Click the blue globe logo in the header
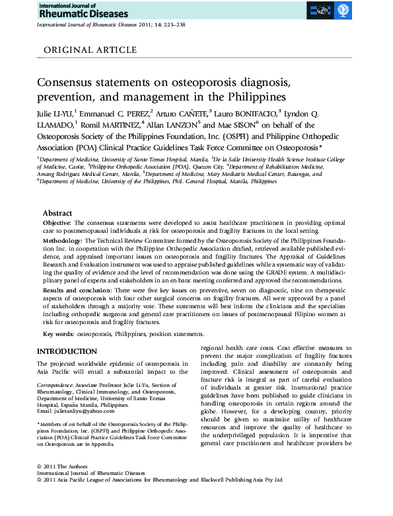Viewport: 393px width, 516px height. click(343, 11)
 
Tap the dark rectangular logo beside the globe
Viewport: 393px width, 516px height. click(321, 11)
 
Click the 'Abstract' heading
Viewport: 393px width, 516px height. click(58, 214)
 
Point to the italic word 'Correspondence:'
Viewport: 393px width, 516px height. click(55, 384)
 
